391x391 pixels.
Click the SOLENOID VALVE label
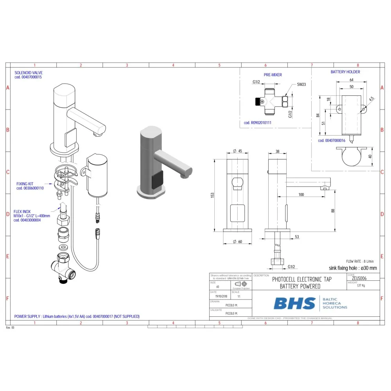tap(29, 72)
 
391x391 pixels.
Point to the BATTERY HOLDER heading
tap(345, 72)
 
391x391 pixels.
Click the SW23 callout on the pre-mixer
tap(301, 84)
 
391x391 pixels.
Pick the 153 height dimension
tap(212, 195)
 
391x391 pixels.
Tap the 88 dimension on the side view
tap(333, 211)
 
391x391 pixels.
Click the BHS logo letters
tap(294, 303)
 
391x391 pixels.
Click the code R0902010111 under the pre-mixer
tap(257, 123)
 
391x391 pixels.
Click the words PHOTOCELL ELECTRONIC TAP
tap(301, 279)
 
